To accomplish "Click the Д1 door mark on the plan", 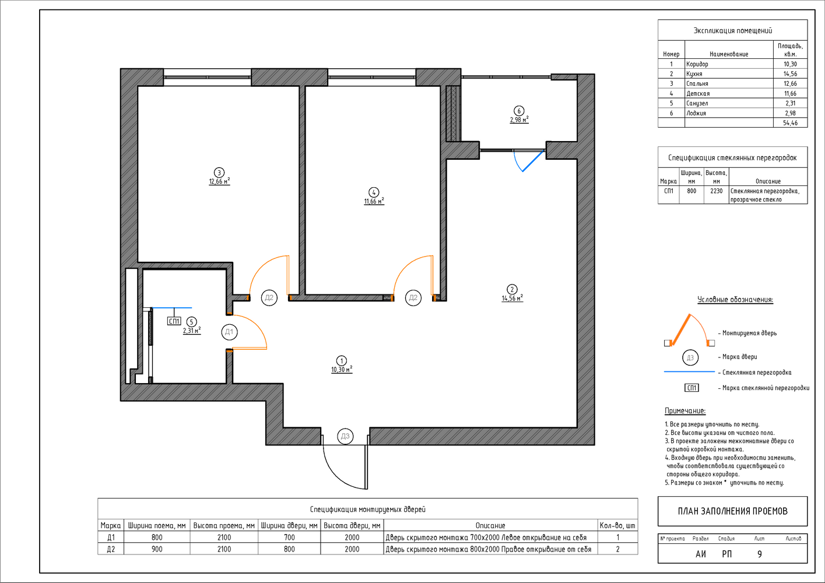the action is click(x=229, y=332).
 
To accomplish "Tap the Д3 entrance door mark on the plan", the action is click(x=345, y=437).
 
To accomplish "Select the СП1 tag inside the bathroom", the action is click(x=174, y=321).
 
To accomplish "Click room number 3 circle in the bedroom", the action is click(x=219, y=173).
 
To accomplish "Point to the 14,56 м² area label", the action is click(x=512, y=298).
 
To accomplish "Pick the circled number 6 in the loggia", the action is click(x=519, y=111).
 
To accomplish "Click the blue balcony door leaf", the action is click(x=533, y=161).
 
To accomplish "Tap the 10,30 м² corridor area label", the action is click(x=342, y=370).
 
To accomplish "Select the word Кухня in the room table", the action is click(x=694, y=73).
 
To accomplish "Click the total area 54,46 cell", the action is click(x=790, y=122).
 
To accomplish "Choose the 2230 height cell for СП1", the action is click(x=717, y=191).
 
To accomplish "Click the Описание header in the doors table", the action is click(x=490, y=525).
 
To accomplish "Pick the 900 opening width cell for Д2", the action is click(x=157, y=549).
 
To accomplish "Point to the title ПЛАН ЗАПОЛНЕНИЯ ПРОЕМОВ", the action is click(x=732, y=511).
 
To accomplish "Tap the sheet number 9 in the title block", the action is click(x=760, y=554).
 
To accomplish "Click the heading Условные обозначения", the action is click(x=735, y=300).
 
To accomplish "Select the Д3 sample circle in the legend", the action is click(x=690, y=357).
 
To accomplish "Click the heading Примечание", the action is click(x=685, y=410).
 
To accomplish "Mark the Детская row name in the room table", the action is click(x=698, y=93).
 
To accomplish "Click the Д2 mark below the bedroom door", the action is click(x=269, y=297).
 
